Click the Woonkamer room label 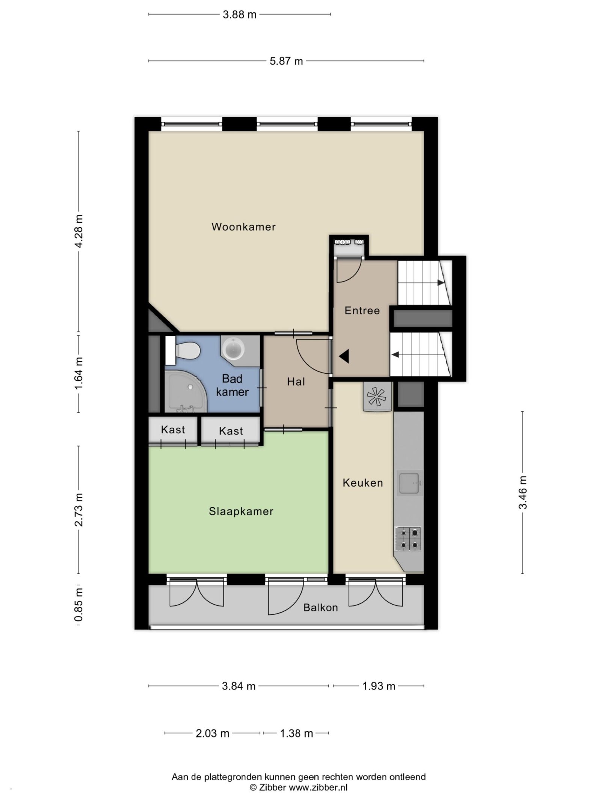[243, 227]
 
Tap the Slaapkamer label [241, 511]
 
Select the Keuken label [363, 483]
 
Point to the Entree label [362, 311]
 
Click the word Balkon [320, 608]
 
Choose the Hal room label [296, 382]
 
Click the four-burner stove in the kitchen [408, 539]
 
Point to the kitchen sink [409, 483]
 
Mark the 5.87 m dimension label [286, 61]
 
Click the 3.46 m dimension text [522, 492]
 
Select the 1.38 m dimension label [296, 733]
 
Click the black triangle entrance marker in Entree [344, 356]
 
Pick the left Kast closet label [173, 430]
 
